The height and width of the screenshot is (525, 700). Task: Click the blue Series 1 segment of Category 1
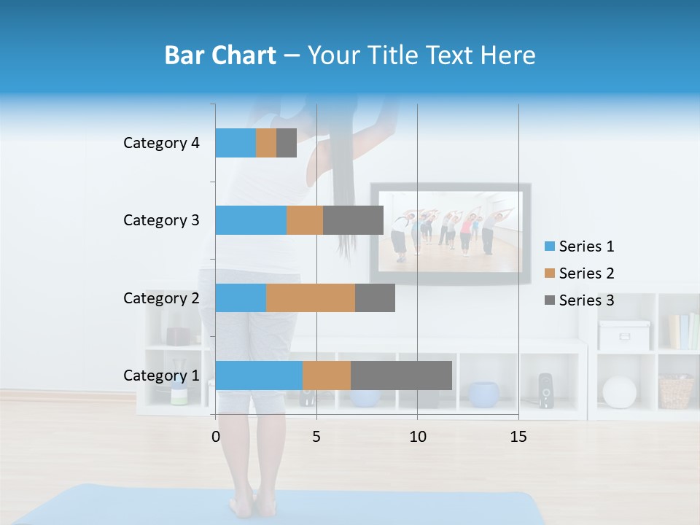[259, 376]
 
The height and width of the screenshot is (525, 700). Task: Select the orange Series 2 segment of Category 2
[311, 297]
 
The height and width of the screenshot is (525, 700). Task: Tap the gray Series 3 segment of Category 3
[353, 220]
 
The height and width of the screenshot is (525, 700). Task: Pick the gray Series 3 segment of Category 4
[287, 143]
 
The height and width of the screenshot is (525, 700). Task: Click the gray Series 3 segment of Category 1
[401, 376]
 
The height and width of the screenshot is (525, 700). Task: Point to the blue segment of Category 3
[251, 220]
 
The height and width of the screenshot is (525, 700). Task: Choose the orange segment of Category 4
[266, 143]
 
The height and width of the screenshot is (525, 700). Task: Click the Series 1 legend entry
[579, 246]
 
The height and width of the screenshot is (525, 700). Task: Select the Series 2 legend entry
[579, 273]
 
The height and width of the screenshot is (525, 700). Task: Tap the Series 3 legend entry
[579, 300]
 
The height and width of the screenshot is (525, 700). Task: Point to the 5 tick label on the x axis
[316, 437]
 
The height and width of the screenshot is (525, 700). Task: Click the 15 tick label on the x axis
[518, 437]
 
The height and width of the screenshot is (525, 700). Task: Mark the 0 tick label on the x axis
[216, 437]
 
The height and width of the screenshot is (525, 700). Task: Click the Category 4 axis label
[161, 143]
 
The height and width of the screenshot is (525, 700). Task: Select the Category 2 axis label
[161, 297]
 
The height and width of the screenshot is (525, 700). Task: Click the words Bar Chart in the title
[219, 55]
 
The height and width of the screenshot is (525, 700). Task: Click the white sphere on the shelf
[619, 392]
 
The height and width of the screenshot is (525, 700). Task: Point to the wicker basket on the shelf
[676, 392]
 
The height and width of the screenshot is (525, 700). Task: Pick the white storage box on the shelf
[624, 335]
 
